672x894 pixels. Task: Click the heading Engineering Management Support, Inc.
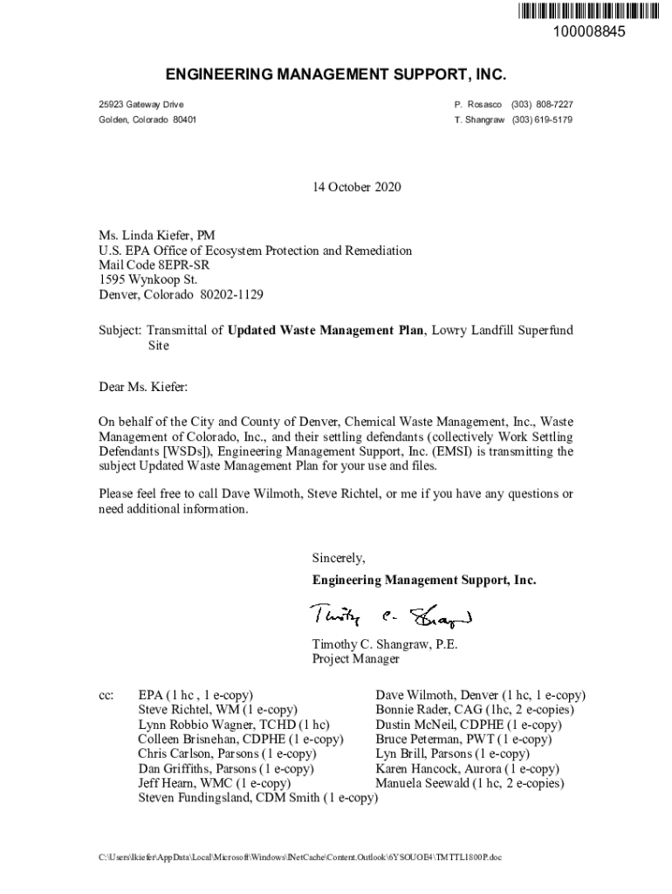pyautogui.click(x=336, y=76)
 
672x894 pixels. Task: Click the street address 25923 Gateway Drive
pyautogui.click(x=141, y=105)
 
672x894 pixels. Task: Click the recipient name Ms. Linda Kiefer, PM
pyautogui.click(x=156, y=236)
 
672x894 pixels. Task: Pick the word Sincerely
pyautogui.click(x=339, y=558)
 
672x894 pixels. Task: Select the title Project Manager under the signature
pyautogui.click(x=356, y=659)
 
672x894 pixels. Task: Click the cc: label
pyautogui.click(x=106, y=696)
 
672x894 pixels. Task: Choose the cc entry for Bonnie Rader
pyautogui.click(x=462, y=711)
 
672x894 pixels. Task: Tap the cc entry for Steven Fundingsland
pyautogui.click(x=257, y=798)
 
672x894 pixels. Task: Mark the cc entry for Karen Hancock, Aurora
pyautogui.click(x=467, y=769)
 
